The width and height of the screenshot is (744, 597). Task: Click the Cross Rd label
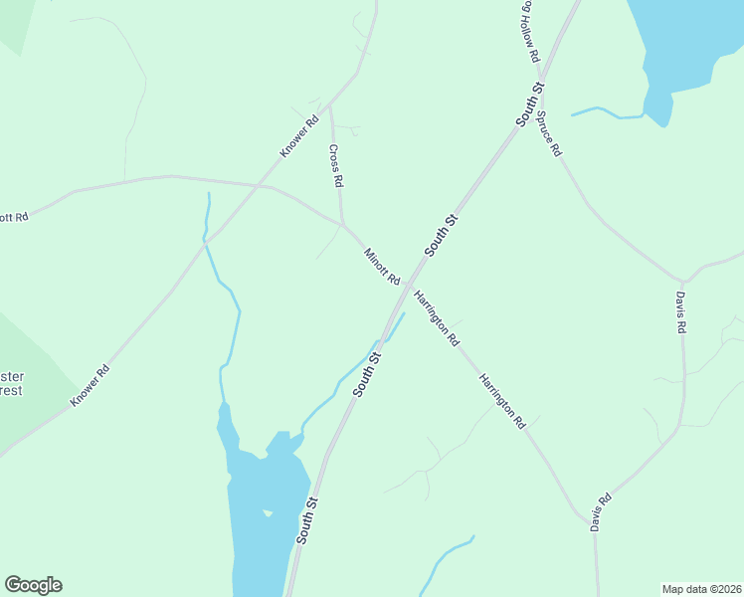pyautogui.click(x=336, y=166)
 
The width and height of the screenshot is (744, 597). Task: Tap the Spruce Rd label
pyautogui.click(x=550, y=133)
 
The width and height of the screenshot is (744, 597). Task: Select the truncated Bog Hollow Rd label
pyautogui.click(x=528, y=34)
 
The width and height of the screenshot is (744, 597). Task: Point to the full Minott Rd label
pyautogui.click(x=381, y=265)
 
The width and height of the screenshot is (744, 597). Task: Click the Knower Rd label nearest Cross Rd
pyautogui.click(x=298, y=136)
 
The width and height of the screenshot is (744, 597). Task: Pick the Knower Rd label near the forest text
pyautogui.click(x=90, y=385)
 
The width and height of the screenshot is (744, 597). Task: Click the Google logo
pyautogui.click(x=33, y=585)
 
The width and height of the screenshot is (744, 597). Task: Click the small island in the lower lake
pyautogui.click(x=267, y=513)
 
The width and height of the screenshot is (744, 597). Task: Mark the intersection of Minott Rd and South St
pyautogui.click(x=406, y=286)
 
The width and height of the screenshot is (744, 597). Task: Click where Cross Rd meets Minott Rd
pyautogui.click(x=342, y=223)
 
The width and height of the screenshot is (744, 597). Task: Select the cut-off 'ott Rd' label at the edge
pyautogui.click(x=14, y=217)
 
